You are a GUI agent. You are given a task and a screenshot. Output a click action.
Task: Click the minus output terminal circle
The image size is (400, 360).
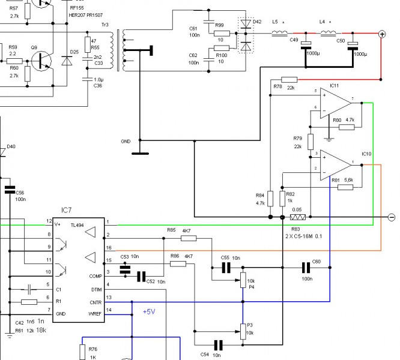(391, 217)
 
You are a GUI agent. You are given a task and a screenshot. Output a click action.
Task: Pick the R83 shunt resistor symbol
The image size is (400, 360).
(298, 217)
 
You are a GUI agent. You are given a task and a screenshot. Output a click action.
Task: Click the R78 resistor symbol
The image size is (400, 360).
(289, 79)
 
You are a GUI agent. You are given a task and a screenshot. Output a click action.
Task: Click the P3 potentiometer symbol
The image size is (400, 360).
(243, 330)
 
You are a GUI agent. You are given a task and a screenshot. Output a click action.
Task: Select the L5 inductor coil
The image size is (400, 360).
(280, 34)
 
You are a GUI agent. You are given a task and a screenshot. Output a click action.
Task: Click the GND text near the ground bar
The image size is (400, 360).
(126, 142)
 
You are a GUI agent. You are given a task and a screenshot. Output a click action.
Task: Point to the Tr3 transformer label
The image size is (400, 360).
(105, 25)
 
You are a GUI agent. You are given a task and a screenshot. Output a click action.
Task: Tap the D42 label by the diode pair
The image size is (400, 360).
(258, 22)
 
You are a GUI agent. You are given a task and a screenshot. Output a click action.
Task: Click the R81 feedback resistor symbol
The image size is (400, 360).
(345, 187)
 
